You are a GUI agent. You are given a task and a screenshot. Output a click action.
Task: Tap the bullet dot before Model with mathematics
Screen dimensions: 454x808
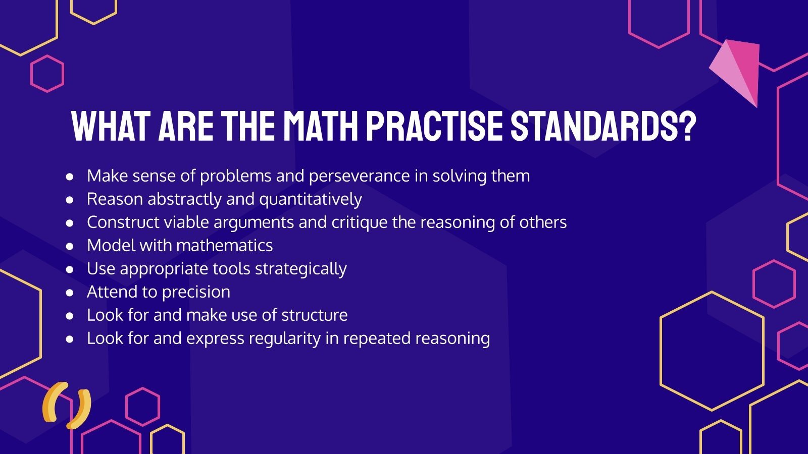click(70, 246)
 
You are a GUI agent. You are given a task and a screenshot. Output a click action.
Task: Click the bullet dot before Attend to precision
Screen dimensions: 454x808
click(70, 293)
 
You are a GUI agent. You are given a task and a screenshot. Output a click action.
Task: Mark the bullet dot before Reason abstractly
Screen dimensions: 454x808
click(70, 200)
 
